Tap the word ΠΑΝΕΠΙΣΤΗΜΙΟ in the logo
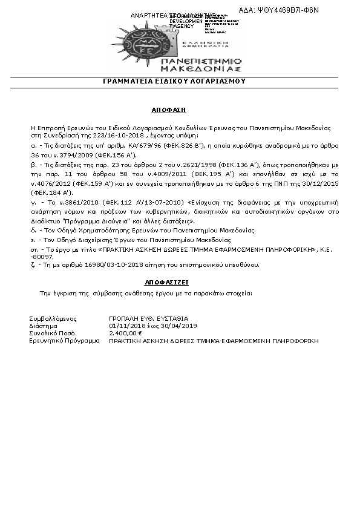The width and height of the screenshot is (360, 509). click(x=202, y=62)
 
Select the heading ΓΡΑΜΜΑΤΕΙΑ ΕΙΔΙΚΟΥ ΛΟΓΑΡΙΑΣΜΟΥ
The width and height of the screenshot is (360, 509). click(x=182, y=82)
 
